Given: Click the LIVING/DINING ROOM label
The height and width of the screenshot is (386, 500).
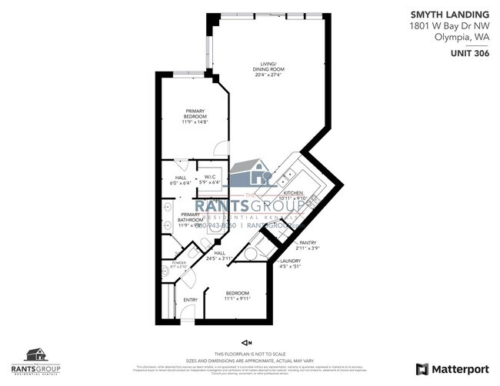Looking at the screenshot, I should pos(268,65).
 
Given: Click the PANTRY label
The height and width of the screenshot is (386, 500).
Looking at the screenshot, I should pos(308,242).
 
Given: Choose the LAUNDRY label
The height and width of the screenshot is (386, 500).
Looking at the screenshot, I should pos(290,261).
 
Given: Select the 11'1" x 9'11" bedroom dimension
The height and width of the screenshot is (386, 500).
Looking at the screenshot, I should pos(237,298).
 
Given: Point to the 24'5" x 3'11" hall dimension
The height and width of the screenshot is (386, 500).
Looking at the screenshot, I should pos(218,259).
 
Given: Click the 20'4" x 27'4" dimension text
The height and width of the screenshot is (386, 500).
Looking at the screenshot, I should pos(268,75).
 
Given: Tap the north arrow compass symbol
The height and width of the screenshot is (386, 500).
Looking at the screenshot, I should pos(246,341).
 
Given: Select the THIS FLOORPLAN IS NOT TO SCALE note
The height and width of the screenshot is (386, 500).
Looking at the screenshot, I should pos(250,353).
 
